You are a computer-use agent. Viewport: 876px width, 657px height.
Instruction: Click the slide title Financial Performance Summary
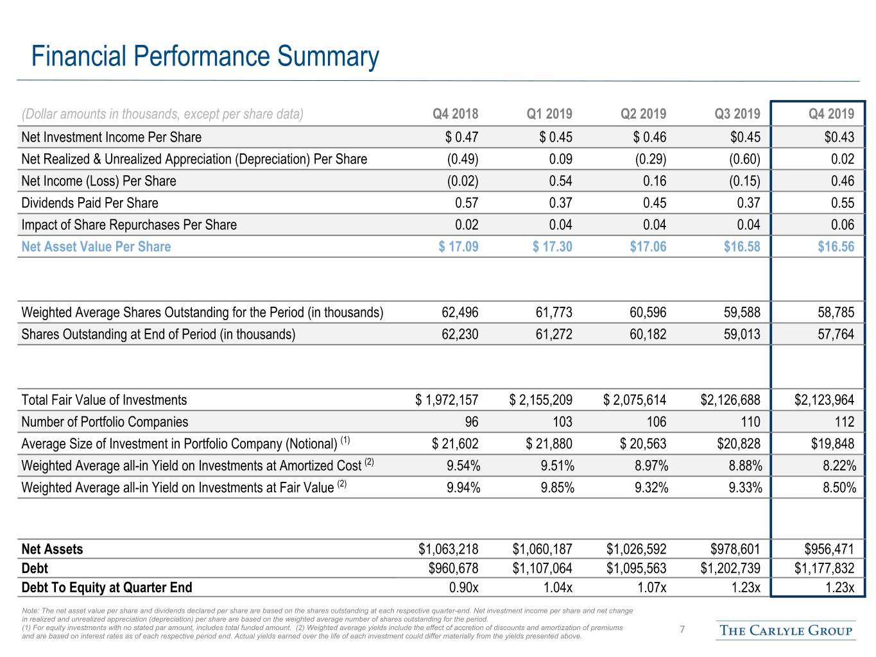pos(205,56)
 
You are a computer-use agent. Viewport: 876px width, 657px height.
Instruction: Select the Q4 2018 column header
pos(455,114)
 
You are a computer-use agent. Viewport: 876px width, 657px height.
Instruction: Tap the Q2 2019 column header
pos(643,114)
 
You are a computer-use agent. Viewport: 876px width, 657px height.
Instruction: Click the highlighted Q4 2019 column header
pos(831,114)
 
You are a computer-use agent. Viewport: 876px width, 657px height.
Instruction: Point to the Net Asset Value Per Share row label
pos(96,246)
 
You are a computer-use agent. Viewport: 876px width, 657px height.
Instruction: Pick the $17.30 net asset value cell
pos(552,246)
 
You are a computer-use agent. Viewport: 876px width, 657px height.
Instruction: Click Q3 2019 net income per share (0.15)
pos(744,181)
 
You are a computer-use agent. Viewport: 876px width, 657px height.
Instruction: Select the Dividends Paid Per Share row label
pos(90,203)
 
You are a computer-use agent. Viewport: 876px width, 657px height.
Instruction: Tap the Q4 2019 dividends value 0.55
pos(842,203)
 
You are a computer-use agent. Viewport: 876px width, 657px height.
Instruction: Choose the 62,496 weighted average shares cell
pos(459,312)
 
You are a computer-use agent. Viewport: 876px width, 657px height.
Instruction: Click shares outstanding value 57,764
pos(836,334)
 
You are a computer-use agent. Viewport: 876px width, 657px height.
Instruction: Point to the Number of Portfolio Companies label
pos(105,422)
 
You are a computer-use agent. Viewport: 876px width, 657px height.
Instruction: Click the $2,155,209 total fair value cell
pos(540,400)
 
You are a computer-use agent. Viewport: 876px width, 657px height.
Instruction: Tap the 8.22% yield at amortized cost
pos(839,466)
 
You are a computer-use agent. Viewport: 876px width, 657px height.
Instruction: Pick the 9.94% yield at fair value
pos(463,488)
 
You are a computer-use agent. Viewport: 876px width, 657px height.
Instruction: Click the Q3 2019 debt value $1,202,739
pos(730,568)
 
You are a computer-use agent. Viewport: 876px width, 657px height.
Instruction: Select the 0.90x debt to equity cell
pos(463,587)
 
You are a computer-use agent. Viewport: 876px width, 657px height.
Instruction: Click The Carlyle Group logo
pos(786,630)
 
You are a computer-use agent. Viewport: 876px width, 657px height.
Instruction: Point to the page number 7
pos(682,629)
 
